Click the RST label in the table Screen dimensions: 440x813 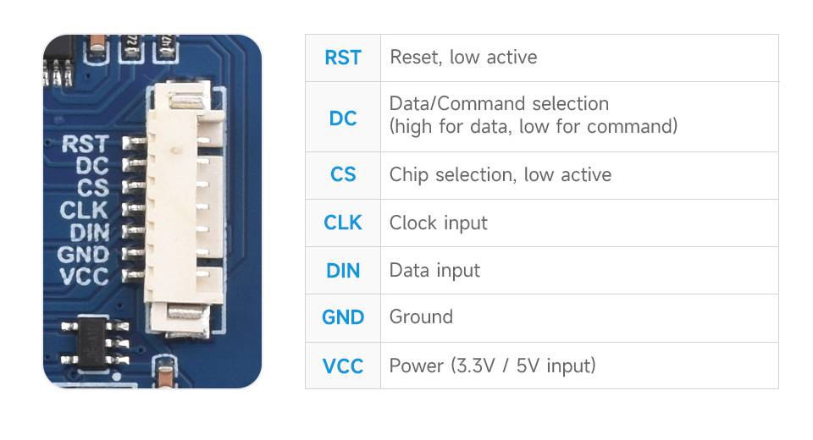tap(342, 58)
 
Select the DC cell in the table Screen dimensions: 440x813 tap(342, 118)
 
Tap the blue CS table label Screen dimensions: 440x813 tap(342, 175)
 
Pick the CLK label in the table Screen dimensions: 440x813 tap(342, 223)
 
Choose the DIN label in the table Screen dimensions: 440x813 tap(342, 271)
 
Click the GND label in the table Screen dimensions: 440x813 tap(342, 318)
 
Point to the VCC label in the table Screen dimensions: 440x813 tap(342, 366)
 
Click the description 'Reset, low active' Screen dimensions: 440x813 tap(462, 58)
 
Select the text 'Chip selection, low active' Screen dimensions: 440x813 tap(500, 175)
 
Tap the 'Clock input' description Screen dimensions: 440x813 tap(438, 223)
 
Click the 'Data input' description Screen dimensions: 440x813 tap(434, 271)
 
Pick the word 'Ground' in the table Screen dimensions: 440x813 tap(421, 317)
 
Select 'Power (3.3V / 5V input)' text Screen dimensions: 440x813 tap(492, 366)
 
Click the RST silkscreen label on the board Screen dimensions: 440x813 tap(86, 144)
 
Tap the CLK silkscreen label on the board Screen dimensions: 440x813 tap(84, 209)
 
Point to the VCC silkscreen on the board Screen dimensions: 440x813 tap(84, 276)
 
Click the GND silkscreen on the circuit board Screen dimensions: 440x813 tap(83, 254)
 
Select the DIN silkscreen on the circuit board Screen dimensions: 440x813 tap(89, 231)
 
